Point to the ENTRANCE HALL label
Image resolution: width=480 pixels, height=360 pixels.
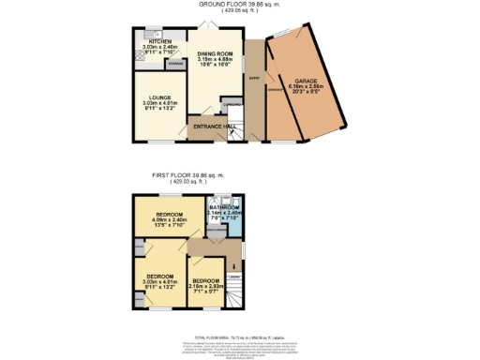tap(214, 126)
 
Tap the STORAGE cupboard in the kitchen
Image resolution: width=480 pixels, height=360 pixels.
tap(174, 65)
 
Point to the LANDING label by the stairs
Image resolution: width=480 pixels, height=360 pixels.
tap(234, 277)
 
